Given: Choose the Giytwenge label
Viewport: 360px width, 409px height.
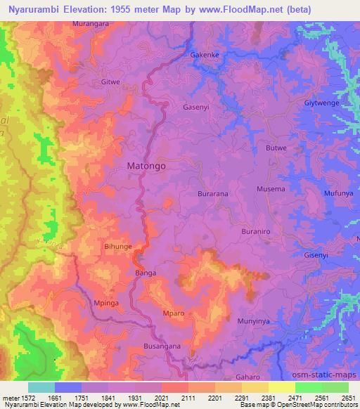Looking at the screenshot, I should pyautogui.click(x=322, y=103).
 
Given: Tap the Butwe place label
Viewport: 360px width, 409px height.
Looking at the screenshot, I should pyautogui.click(x=276, y=148).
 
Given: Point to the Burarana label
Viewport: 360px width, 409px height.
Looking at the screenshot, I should pyautogui.click(x=214, y=193).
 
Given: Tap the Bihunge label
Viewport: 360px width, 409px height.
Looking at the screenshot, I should pyautogui.click(x=118, y=247).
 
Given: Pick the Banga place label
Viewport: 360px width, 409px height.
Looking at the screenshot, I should pyautogui.click(x=145, y=273).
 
